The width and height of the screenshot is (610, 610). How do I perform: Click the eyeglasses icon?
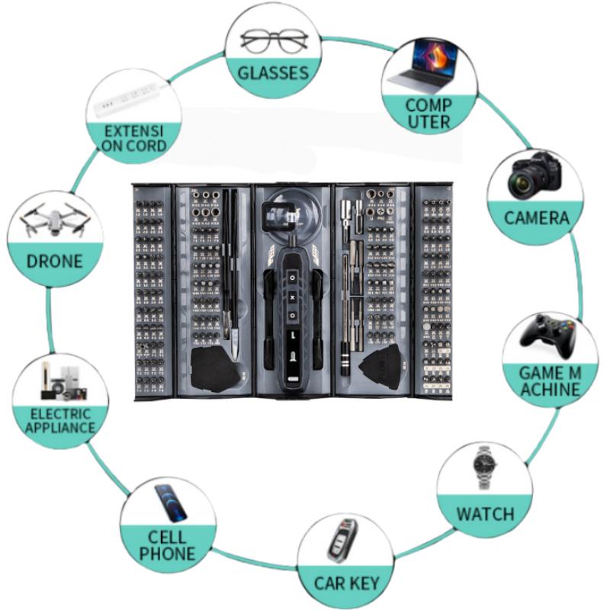point(274,40)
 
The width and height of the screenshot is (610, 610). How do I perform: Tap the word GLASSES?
point(273,73)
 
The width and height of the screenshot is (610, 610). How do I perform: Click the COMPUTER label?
point(429,113)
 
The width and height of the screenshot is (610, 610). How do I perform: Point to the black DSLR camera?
point(535,174)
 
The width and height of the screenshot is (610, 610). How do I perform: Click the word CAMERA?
point(537,218)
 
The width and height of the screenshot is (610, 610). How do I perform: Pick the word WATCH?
point(485,513)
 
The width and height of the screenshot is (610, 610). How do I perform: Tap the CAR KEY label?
point(347,584)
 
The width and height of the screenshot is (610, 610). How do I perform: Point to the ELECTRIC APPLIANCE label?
point(59,420)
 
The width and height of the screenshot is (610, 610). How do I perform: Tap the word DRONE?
point(54,262)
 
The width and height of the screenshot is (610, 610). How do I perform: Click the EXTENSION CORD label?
point(135,138)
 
